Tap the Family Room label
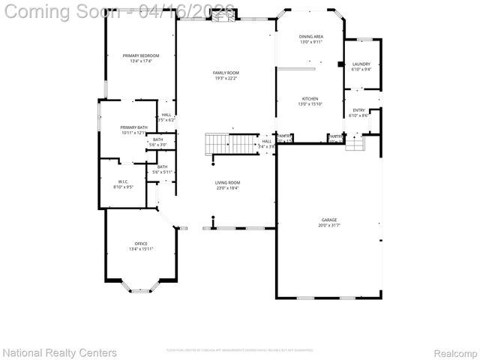(x=226, y=73)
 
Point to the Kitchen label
(x=310, y=99)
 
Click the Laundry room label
(x=361, y=64)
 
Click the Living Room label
(x=227, y=182)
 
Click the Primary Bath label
(x=133, y=127)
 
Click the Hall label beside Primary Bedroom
(x=166, y=115)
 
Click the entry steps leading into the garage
(x=354, y=142)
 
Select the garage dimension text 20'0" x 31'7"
(x=329, y=225)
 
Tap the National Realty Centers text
(x=60, y=352)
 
